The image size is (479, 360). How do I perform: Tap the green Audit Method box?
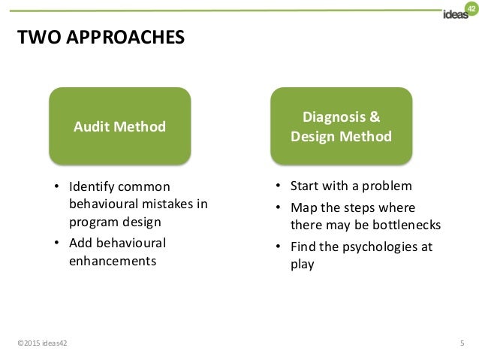pos(119,126)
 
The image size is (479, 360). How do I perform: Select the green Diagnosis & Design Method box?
pos(341,126)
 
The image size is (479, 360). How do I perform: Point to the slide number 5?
pos(461,344)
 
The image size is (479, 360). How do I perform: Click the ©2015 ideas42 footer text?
pos(41,344)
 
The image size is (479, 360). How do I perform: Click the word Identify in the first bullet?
pos(90,186)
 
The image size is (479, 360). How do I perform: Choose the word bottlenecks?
pos(407,225)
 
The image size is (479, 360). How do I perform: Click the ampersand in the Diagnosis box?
pos(375,117)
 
